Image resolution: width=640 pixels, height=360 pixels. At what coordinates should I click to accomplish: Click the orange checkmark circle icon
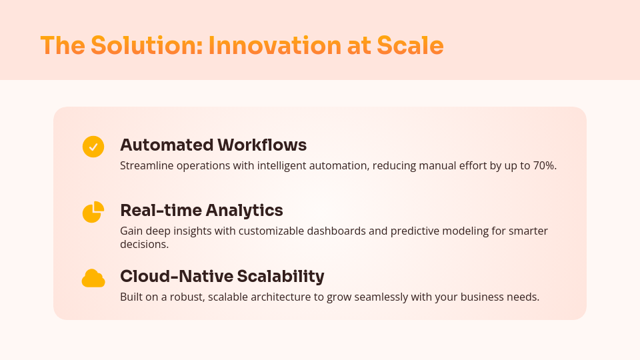[x=93, y=147]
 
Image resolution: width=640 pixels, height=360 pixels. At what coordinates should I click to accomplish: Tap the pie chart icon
[x=93, y=212]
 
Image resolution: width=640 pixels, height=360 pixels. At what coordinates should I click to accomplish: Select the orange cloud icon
[x=93, y=279]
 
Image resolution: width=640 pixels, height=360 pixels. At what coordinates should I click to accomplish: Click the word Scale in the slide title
[x=410, y=45]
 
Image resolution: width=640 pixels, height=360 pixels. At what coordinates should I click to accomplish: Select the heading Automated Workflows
[x=213, y=145]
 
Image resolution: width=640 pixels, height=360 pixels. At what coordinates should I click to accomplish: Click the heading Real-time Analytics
[x=201, y=210]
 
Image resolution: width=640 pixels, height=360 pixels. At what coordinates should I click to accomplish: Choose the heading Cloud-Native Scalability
[x=222, y=276]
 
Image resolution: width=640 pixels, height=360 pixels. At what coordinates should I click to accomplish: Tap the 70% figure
[x=544, y=165]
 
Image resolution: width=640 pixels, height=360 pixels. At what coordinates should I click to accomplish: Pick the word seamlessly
[x=383, y=297]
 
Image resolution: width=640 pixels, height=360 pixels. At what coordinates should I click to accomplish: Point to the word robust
[x=183, y=297]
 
